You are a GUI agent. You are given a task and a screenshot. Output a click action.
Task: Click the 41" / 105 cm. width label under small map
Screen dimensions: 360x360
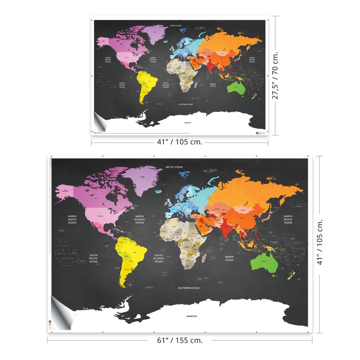[x=180, y=142]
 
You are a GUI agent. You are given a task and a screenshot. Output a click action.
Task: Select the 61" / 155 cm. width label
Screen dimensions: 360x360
[x=180, y=340]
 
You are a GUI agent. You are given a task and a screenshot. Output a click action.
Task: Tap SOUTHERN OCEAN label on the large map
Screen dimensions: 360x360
[x=188, y=288]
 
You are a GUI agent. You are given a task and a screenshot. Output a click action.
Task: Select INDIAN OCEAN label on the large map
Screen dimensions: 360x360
[x=229, y=258]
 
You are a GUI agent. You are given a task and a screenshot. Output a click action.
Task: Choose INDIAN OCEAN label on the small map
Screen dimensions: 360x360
[x=213, y=85]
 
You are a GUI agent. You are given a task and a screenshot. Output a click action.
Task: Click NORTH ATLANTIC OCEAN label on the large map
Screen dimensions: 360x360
[x=139, y=220]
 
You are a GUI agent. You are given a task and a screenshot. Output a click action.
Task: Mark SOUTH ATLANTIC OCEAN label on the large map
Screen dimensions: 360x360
[x=158, y=259]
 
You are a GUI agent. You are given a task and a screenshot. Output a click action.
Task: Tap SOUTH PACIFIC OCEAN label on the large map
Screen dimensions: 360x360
[x=93, y=258]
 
